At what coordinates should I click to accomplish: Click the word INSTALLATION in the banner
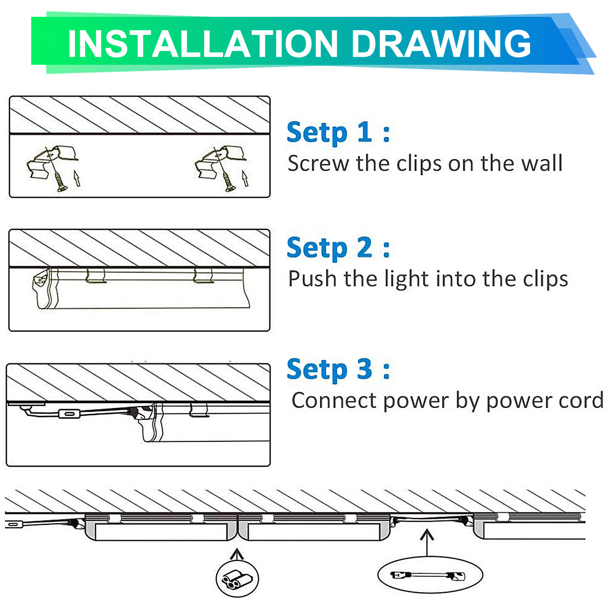click(x=202, y=44)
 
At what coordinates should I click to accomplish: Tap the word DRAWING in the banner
click(x=441, y=44)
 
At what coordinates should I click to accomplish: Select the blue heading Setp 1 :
click(x=338, y=132)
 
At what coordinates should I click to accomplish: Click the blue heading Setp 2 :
click(x=338, y=248)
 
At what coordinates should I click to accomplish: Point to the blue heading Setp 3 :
click(x=338, y=369)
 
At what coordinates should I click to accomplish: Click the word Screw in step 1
click(x=318, y=164)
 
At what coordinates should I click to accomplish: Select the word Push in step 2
click(x=312, y=279)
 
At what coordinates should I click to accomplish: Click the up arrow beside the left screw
click(x=77, y=178)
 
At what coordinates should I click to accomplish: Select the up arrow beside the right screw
click(x=245, y=178)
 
